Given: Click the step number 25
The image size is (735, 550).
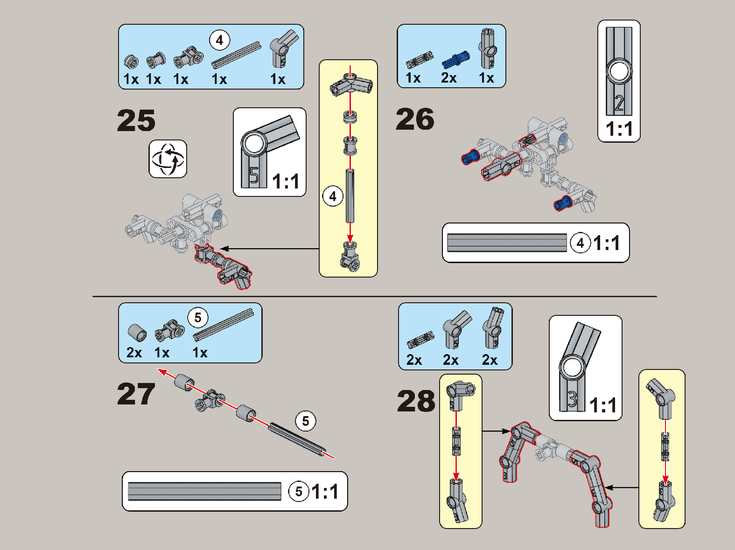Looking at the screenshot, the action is [136, 120].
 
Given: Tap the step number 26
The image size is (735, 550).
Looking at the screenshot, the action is [415, 119].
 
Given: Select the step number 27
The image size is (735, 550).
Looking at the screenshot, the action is [136, 394].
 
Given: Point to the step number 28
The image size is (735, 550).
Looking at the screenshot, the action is [416, 401].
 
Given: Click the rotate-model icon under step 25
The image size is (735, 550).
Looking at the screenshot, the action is [168, 159].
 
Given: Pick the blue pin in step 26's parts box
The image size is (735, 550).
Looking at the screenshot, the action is [455, 60].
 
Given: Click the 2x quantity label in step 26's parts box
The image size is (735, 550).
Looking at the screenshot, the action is [449, 78].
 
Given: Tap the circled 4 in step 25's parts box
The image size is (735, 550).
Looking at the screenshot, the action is [220, 40].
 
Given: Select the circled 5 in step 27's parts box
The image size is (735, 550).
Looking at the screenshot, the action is [198, 317].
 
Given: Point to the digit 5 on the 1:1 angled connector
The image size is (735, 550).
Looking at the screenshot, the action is [254, 175].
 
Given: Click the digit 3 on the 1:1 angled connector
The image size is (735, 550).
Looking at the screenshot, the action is [572, 399].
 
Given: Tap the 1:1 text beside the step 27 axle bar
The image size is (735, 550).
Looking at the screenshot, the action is [325, 491].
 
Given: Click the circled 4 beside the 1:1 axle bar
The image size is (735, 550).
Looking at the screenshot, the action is [580, 243].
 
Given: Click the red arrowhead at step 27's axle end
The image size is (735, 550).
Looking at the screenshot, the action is [162, 372].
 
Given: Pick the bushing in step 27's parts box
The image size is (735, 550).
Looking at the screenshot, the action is [137, 333].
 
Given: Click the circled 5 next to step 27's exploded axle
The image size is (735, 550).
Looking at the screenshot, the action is [305, 421].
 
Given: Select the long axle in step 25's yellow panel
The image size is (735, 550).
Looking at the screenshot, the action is [350, 196].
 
